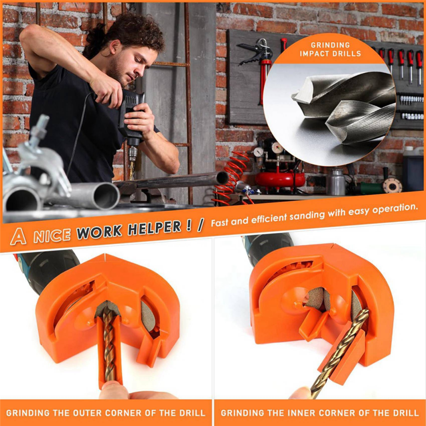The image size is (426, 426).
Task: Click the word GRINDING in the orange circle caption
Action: pos(330,45)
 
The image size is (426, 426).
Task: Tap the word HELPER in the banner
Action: pos(154,228)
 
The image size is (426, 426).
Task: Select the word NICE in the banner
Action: pos(52,235)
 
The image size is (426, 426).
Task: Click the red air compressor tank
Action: pos(280,179)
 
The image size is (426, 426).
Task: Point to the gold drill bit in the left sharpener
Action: pos(109,345)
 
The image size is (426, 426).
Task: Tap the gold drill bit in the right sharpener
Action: pos(340,353)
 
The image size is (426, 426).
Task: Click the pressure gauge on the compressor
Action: pos(277,148)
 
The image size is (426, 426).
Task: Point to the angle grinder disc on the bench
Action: pos(392,185)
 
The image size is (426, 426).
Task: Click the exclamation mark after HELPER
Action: pos(188,226)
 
